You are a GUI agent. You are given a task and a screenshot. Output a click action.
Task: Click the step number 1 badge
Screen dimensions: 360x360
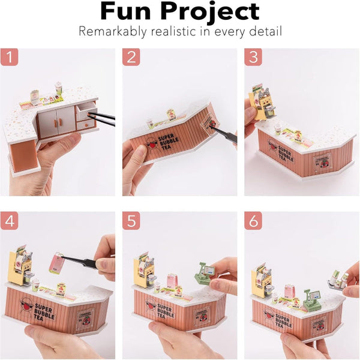pyautogui.click(x=10, y=57)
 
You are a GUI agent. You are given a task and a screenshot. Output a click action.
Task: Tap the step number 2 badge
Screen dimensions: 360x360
pyautogui.click(x=131, y=57)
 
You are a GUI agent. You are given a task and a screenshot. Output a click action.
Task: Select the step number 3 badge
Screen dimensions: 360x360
pyautogui.click(x=253, y=57)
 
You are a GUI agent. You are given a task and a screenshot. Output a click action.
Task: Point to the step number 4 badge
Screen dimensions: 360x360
pyautogui.click(x=10, y=220)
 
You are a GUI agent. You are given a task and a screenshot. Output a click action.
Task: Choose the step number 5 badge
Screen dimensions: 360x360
pyautogui.click(x=131, y=220)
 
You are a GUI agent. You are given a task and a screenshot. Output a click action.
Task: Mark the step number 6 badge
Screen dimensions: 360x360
pyautogui.click(x=253, y=220)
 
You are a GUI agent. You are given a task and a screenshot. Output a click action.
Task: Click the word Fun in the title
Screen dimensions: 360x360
pyautogui.click(x=131, y=11)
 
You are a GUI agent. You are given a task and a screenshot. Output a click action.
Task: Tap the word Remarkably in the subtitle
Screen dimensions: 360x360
pyautogui.click(x=111, y=31)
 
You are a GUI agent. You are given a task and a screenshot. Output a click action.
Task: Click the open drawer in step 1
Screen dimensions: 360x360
pyautogui.click(x=86, y=115)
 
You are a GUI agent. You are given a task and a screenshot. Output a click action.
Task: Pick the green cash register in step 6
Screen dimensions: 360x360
pyautogui.click(x=311, y=299)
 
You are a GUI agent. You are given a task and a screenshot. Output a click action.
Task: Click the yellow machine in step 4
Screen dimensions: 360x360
pyautogui.click(x=19, y=266)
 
